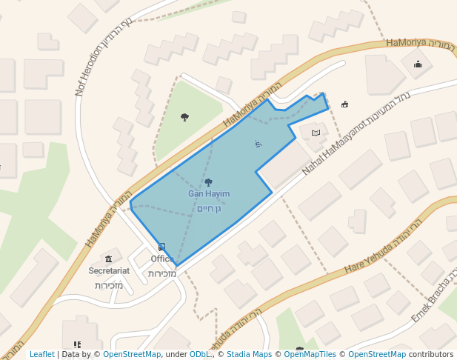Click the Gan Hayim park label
[209, 194]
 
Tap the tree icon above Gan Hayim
[208, 182]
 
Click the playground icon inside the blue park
[258, 144]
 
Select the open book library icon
[316, 133]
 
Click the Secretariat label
[109, 271]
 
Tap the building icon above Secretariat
[109, 259]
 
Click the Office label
[161, 259]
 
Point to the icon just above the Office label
[162, 247]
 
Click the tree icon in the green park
[184, 117]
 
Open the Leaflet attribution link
[42, 355]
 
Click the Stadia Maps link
[249, 355]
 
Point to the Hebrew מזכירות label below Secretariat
[109, 285]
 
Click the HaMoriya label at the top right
[407, 43]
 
